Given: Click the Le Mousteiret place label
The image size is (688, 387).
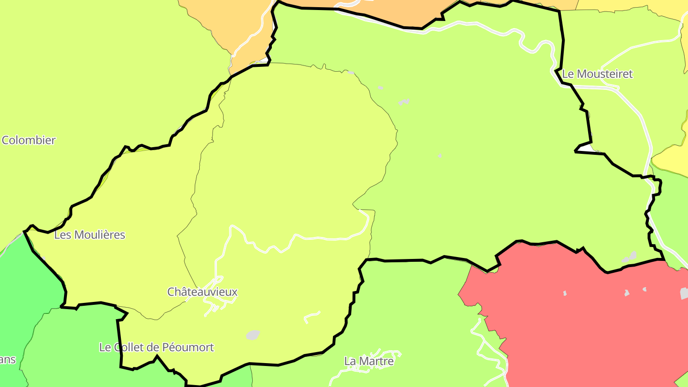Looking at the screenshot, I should (x=597, y=74).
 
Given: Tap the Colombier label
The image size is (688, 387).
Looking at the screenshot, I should (x=29, y=140).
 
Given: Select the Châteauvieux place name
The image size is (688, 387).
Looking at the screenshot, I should (x=202, y=292).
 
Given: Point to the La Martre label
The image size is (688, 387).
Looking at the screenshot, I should (x=369, y=361).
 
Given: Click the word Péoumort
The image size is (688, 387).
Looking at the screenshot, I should (x=188, y=347).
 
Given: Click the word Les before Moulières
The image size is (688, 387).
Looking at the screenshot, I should (x=62, y=235).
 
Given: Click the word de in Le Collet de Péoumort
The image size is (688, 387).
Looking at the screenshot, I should (x=154, y=347).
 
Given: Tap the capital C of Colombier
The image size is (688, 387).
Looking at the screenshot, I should (x=6, y=140).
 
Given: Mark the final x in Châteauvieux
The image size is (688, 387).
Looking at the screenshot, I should (x=235, y=292).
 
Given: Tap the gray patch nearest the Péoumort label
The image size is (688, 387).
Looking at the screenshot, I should (x=253, y=335).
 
